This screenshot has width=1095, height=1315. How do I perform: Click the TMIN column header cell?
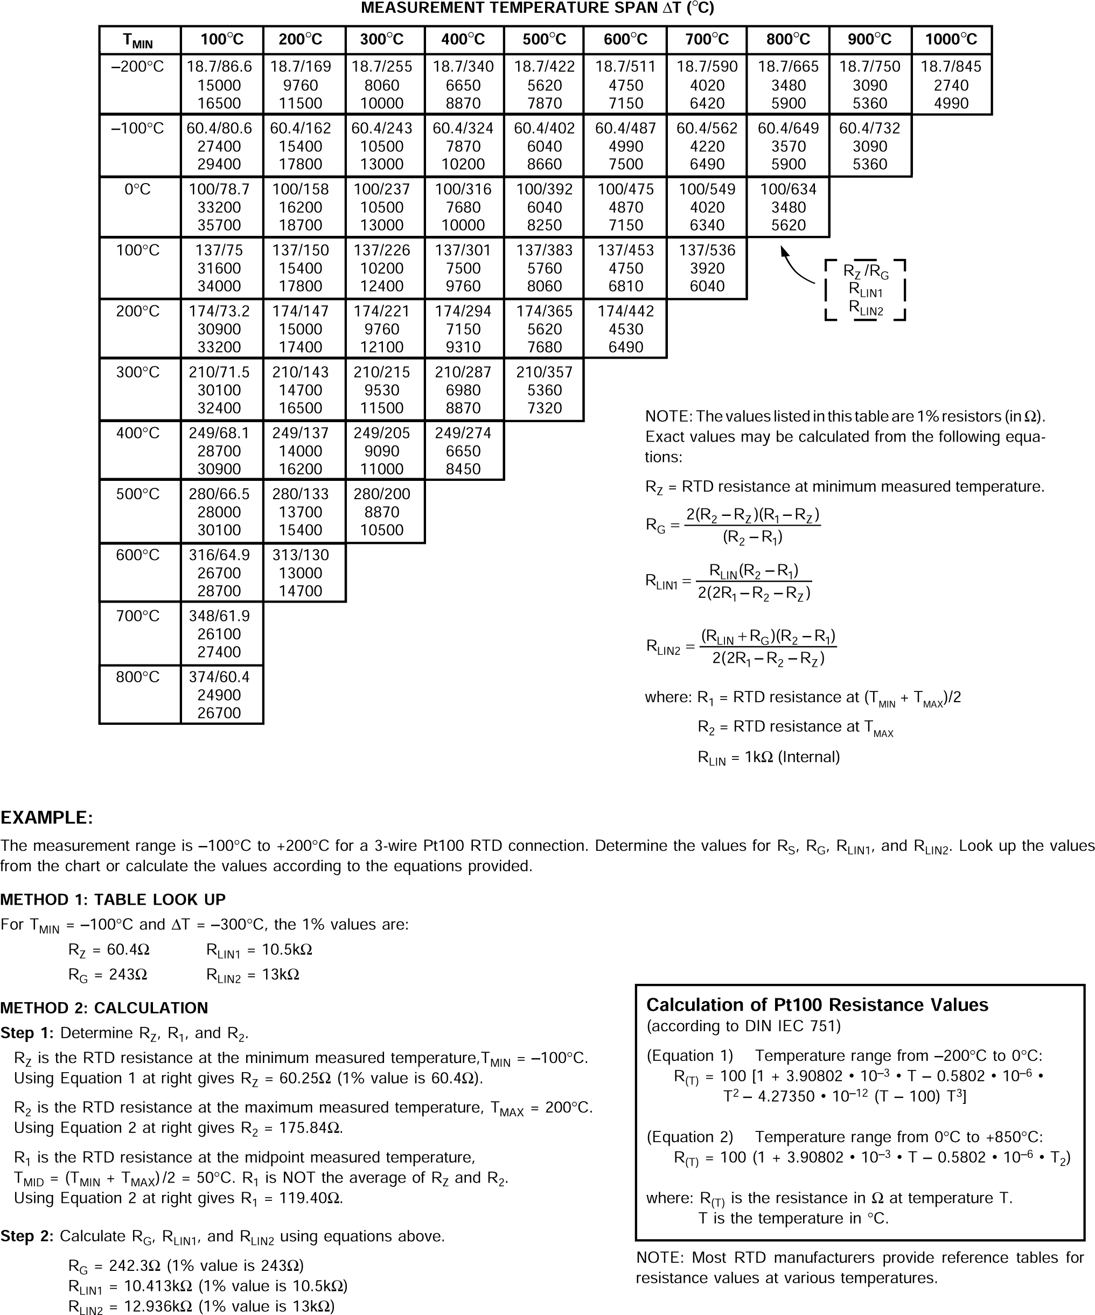[139, 40]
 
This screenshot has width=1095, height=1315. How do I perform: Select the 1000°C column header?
[951, 39]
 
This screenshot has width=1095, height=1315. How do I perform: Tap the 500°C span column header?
[544, 39]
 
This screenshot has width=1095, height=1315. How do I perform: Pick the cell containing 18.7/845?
[951, 85]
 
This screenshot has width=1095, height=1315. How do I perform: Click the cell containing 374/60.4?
[219, 695]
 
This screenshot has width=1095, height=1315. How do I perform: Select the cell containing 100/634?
[788, 207]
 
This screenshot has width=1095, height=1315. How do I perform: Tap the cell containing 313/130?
[301, 572]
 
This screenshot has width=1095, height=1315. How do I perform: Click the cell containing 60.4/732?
[869, 146]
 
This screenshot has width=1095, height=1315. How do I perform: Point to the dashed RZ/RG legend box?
[865, 290]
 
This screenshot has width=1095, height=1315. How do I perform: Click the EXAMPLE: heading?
[46, 818]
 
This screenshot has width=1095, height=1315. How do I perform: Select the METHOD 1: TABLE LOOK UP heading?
[113, 900]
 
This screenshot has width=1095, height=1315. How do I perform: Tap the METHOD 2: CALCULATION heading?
[104, 1008]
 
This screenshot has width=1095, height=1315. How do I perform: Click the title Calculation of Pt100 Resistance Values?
[817, 1005]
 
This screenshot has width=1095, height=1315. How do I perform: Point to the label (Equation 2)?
[689, 1137]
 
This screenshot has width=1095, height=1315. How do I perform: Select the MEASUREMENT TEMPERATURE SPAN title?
[538, 8]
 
